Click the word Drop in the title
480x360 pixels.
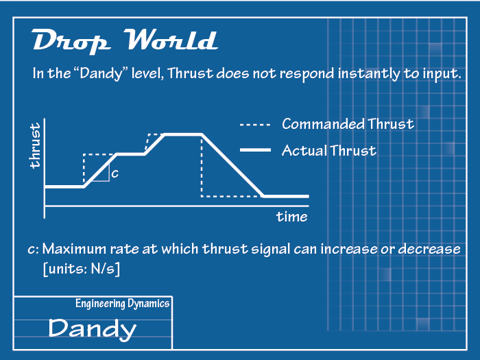(71, 41)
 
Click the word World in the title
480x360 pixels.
(171, 40)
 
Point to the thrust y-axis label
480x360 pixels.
(35, 145)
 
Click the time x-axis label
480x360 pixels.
(291, 217)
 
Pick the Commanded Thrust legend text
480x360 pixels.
(348, 124)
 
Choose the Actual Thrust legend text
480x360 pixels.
(329, 151)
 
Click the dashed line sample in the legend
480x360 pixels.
(255, 125)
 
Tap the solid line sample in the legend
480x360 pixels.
(255, 150)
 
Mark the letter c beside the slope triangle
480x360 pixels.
(115, 174)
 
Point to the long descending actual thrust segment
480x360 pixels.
(232, 165)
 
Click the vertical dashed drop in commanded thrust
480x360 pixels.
(202, 167)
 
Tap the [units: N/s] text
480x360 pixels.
(82, 269)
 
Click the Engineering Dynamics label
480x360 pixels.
(123, 304)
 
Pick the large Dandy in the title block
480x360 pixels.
(92, 328)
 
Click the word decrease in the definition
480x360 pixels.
(429, 249)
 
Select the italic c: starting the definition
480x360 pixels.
(33, 250)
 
